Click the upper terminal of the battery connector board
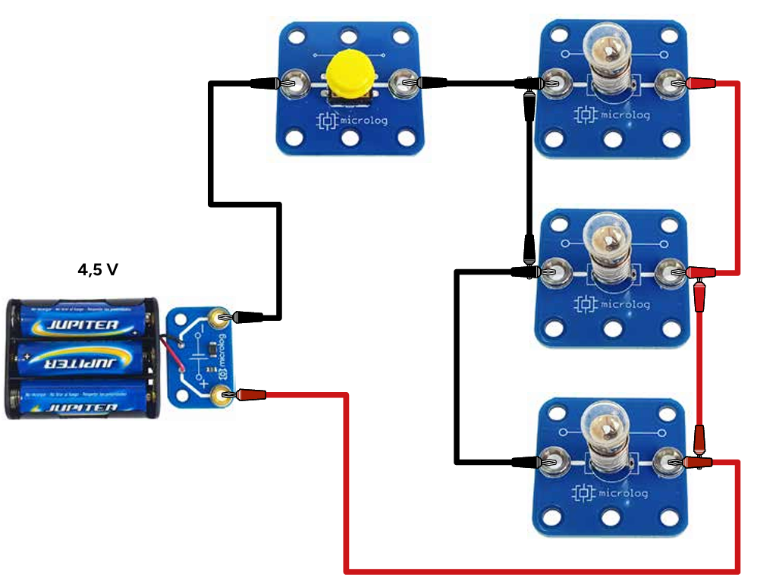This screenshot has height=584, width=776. point(221,318)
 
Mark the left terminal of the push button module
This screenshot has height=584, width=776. point(293,83)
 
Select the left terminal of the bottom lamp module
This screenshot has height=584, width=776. point(551,460)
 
